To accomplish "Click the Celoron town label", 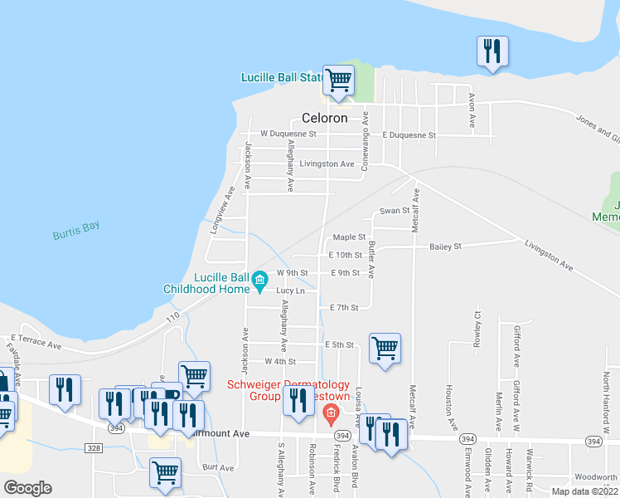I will coord(324,119).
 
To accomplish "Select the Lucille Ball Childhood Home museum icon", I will coord(260,279).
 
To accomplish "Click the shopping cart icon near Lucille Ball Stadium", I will coord(338,81).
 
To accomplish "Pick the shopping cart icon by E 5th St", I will coord(385,348).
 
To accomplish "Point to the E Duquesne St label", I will coord(409,134).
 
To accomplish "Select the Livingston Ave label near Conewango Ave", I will coord(327,164).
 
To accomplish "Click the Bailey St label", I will coord(445,247).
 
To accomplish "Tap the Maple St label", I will coord(349,237).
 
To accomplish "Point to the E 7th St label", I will coord(343,307).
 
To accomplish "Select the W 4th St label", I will coord(279,361).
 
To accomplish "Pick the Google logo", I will coord(27,488).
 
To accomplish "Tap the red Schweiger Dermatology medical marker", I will coord(331,413).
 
